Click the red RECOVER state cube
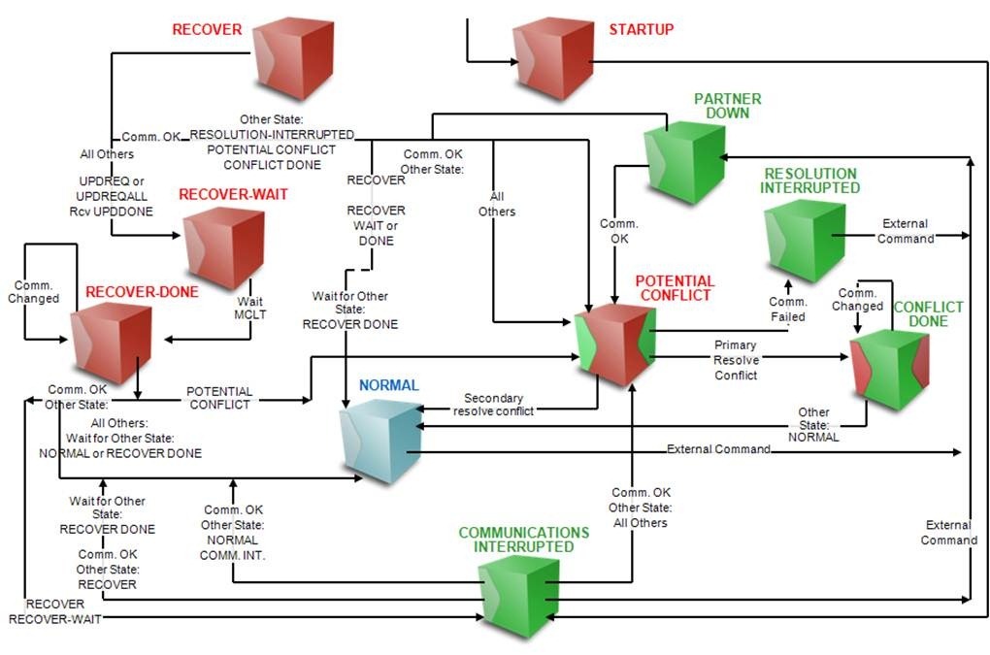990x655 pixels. (293, 58)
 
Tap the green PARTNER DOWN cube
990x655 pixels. (684, 163)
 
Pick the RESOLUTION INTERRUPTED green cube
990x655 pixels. (805, 242)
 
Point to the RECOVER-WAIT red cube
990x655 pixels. (224, 248)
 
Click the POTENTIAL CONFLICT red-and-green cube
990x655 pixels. (613, 346)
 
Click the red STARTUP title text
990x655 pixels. (641, 29)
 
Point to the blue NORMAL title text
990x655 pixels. (388, 385)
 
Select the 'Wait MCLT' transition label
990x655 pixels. (249, 309)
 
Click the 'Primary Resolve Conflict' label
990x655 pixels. (736, 360)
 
